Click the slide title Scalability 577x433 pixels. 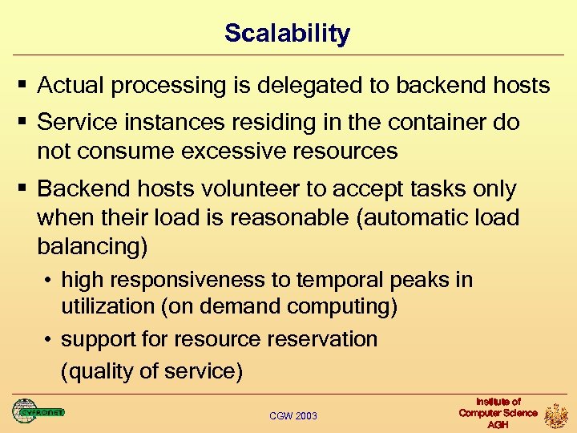pyautogui.click(x=287, y=34)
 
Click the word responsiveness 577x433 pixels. pyautogui.click(x=191, y=280)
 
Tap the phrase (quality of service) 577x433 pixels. pyautogui.click(x=151, y=372)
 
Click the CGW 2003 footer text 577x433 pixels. pyautogui.click(x=293, y=415)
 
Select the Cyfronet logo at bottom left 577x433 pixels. pyautogui.click(x=38, y=411)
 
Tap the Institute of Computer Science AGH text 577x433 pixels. pyautogui.click(x=498, y=413)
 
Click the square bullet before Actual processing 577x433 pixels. pyautogui.click(x=22, y=85)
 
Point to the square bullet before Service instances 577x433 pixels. pyautogui.click(x=22, y=123)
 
